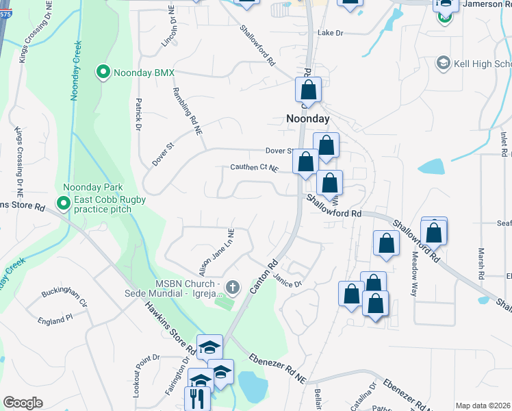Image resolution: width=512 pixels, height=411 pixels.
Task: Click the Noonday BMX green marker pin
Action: coord(103,71)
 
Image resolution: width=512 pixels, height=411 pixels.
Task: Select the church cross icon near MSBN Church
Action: coord(232,286)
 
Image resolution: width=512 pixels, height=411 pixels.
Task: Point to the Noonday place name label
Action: coord(307,119)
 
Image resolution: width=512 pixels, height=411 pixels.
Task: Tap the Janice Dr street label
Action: coord(287,281)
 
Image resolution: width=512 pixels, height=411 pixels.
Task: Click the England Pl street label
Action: coord(55,320)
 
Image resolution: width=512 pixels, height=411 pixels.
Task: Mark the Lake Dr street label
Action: coord(329,33)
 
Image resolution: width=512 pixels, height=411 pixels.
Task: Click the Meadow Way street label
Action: coord(413,273)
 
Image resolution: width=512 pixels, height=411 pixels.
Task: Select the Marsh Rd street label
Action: coord(481,263)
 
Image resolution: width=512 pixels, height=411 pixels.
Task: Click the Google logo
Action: coord(23,403)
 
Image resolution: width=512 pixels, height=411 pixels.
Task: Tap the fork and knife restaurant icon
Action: coord(196,399)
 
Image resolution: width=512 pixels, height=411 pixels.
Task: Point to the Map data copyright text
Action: coord(483,406)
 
